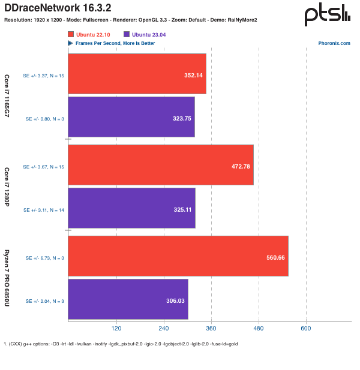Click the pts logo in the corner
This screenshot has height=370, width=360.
327,13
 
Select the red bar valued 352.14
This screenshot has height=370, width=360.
137,74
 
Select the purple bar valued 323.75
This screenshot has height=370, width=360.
131,117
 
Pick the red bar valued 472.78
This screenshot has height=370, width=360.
161,164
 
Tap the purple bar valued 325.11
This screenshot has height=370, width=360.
131,208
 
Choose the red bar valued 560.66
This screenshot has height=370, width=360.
178,256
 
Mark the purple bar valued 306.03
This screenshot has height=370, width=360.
128,299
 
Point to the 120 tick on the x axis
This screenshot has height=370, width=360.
116,329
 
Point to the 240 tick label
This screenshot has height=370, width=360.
163,329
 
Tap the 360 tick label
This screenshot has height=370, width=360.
211,329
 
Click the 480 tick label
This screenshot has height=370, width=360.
259,329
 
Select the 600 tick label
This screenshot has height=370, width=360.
306,329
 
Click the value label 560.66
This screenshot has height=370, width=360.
275,257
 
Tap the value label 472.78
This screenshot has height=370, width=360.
241,166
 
